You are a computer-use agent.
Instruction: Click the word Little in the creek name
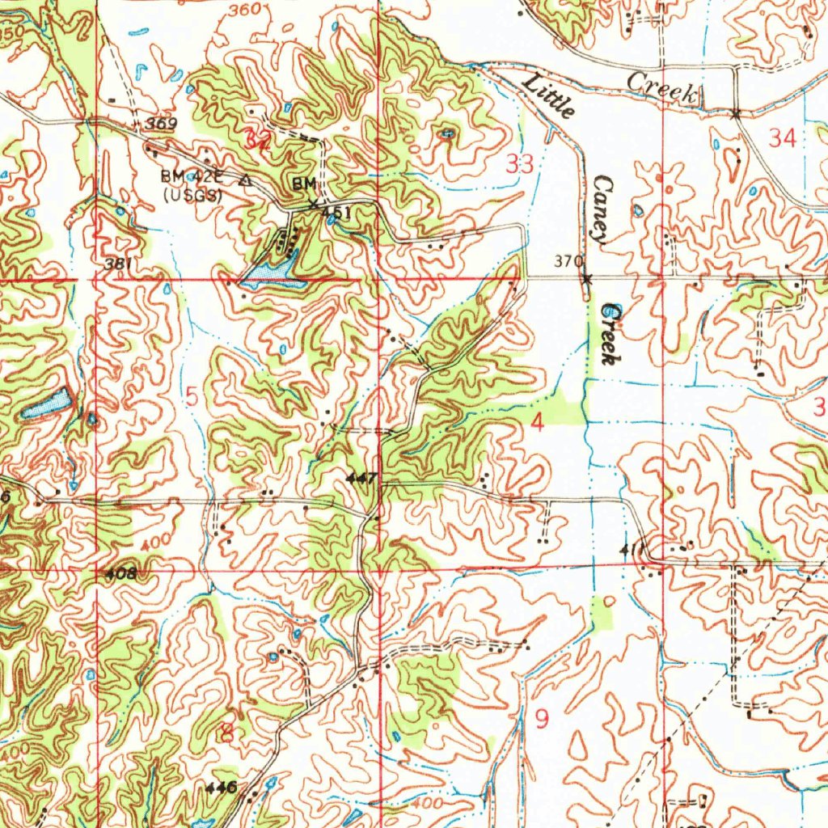[550, 95]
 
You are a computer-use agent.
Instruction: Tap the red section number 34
[782, 138]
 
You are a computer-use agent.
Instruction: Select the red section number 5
[192, 396]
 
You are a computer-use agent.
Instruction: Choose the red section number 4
[537, 422]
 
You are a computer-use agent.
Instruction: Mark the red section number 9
[542, 717]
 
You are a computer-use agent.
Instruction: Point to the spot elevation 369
[162, 123]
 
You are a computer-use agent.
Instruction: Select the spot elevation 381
[117, 264]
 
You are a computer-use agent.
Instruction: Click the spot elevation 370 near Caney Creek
[568, 261]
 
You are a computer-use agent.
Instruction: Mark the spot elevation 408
[120, 574]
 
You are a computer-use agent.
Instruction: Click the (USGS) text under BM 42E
[192, 194]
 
